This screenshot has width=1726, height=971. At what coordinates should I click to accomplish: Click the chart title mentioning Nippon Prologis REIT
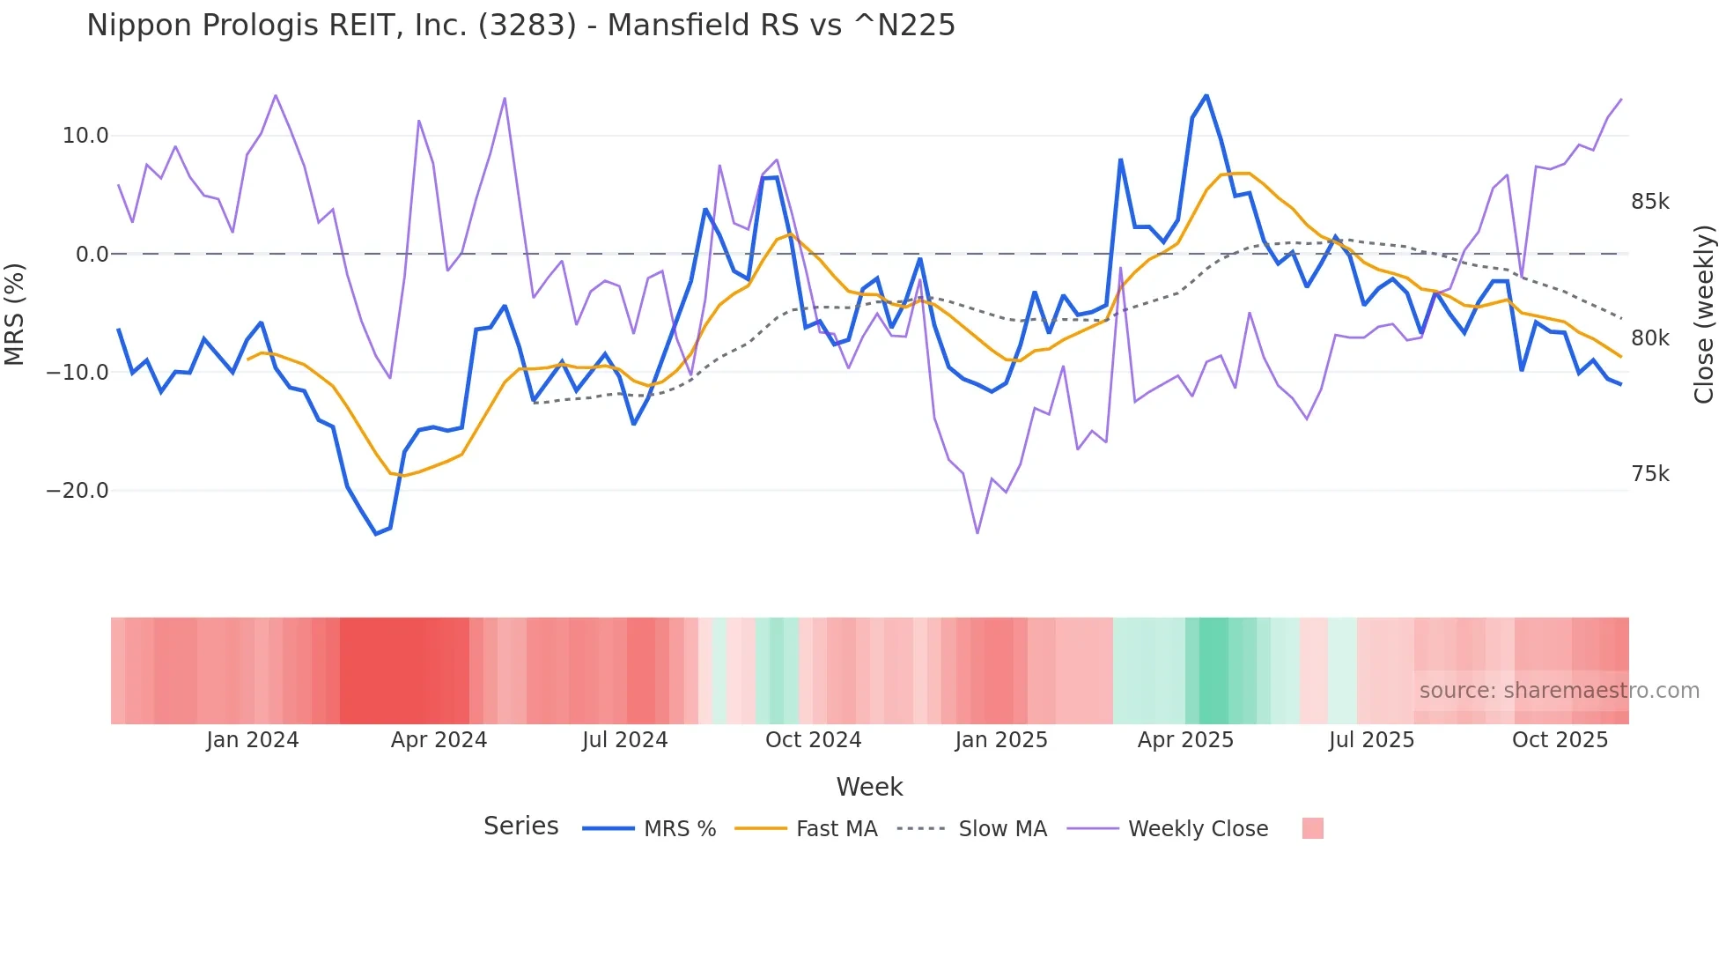(520, 26)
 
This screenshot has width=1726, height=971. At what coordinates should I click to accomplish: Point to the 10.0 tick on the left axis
(85, 136)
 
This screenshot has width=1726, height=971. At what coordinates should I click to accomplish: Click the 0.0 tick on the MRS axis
(92, 255)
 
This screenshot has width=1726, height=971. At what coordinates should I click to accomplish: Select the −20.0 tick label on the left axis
(77, 491)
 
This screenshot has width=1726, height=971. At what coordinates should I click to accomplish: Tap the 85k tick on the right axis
(1649, 202)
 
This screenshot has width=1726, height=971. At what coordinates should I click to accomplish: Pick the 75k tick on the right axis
(1649, 474)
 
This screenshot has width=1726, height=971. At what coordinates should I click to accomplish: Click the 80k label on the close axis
(1649, 338)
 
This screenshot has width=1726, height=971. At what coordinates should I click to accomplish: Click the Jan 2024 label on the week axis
(253, 740)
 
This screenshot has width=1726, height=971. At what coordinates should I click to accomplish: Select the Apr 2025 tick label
(1185, 740)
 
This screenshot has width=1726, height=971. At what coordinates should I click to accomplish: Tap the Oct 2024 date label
(813, 740)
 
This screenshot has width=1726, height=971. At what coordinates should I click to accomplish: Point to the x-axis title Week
(869, 787)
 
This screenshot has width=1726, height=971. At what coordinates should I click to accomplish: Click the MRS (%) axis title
(15, 314)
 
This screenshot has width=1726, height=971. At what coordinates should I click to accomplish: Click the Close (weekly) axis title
(1704, 314)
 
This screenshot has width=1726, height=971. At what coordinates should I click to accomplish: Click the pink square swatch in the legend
(1312, 828)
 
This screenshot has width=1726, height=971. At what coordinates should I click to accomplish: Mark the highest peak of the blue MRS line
(1206, 95)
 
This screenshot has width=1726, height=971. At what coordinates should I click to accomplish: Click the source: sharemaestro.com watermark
(1559, 691)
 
